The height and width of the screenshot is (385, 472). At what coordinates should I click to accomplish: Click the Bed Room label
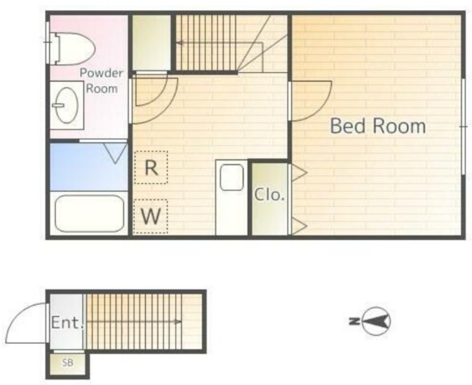pos(378,126)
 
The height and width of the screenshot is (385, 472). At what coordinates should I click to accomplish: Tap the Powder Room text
pos(101,81)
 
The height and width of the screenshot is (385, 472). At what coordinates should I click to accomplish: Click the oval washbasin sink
pos(66,105)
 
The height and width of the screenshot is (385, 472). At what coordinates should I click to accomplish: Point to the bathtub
pos(89,214)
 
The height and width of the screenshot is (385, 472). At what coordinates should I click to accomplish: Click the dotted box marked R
pos(151,167)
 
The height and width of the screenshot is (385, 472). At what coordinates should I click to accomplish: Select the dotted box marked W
pos(150,216)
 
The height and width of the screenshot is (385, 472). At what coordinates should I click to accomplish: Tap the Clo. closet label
pos(270,195)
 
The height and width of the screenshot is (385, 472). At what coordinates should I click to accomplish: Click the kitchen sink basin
pos(231,177)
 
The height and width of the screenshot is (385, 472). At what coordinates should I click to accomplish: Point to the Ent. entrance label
pos(67,322)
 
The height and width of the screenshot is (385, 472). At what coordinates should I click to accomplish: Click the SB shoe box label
pos(68,363)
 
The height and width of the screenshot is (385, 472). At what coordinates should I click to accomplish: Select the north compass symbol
pos(376,321)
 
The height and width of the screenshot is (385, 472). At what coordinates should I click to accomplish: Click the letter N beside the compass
pos(353,321)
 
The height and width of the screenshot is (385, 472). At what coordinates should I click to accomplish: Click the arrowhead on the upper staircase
pos(180,43)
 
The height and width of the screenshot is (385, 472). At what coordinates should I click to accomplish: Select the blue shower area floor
pos(89,167)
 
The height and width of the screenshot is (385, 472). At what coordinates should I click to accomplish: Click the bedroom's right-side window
pos(464,126)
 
